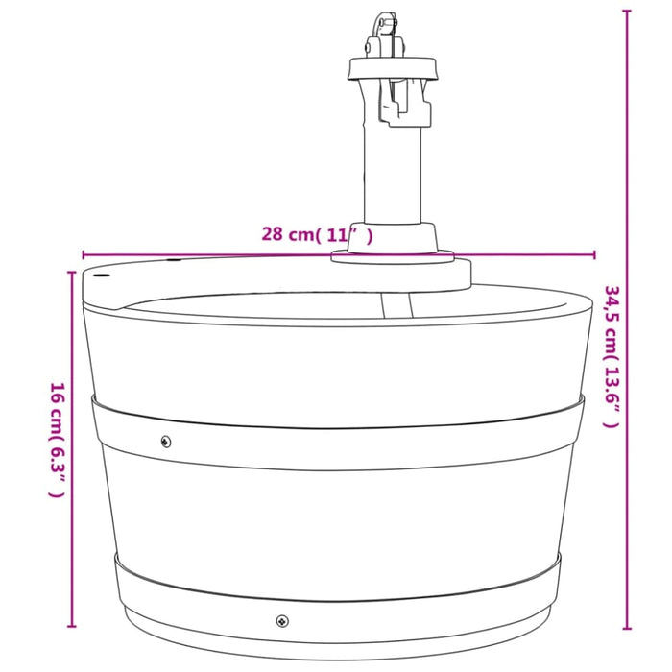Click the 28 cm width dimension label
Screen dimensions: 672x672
(x=317, y=233)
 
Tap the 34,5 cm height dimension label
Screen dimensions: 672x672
(x=612, y=355)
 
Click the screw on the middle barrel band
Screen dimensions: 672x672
(x=166, y=442)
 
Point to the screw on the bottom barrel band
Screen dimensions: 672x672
(x=281, y=620)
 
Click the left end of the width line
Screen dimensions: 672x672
(x=84, y=255)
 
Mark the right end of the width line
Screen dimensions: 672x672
(x=594, y=255)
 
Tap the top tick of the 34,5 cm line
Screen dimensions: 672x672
(x=627, y=11)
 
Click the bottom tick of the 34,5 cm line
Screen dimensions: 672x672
(x=627, y=629)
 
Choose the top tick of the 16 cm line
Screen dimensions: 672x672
(x=72, y=273)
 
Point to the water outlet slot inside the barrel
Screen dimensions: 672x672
(x=396, y=306)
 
